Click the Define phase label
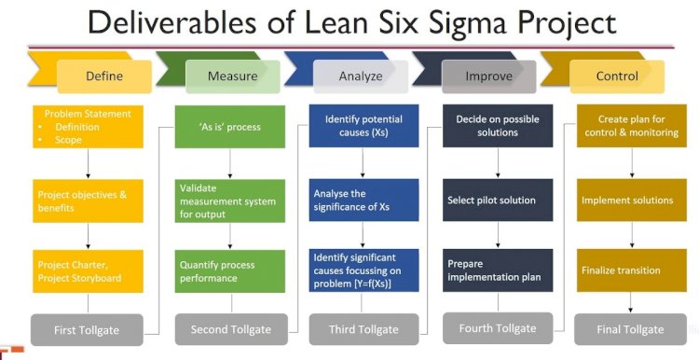[104, 76]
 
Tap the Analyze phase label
[360, 76]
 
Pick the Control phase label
[617, 76]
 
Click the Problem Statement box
[88, 127]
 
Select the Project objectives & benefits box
[88, 201]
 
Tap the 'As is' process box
[230, 127]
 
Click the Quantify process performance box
[230, 271]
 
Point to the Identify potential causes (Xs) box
[364, 127]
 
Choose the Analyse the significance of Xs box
[364, 200]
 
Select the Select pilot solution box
[498, 200]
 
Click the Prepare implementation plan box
[498, 270]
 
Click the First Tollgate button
[88, 330]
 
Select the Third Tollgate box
[364, 329]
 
